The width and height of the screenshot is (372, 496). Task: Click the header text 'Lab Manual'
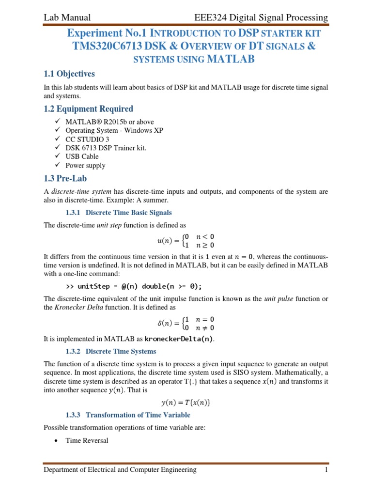pyautogui.click(x=67, y=18)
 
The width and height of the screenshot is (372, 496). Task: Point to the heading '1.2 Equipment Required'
pyautogui.click(x=88, y=109)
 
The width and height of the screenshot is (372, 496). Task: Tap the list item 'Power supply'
pyautogui.click(x=85, y=165)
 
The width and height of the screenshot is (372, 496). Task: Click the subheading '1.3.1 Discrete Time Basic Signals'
pyautogui.click(x=119, y=213)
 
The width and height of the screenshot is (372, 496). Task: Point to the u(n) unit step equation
pyautogui.click(x=186, y=241)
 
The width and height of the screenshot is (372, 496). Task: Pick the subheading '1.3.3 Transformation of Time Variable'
pyautogui.click(x=128, y=415)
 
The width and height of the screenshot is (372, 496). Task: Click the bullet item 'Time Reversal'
pyautogui.click(x=87, y=440)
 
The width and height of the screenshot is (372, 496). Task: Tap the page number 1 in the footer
pyautogui.click(x=326, y=470)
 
